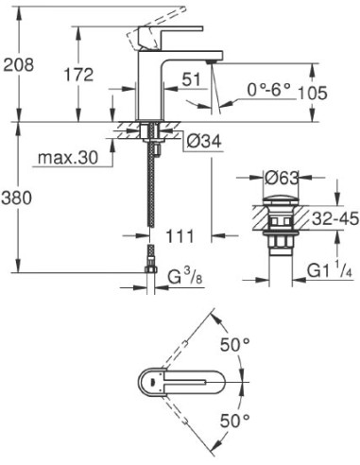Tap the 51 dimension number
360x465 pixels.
pos(192,80)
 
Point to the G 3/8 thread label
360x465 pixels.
pos(188,277)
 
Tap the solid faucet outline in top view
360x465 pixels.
pos(180,382)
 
